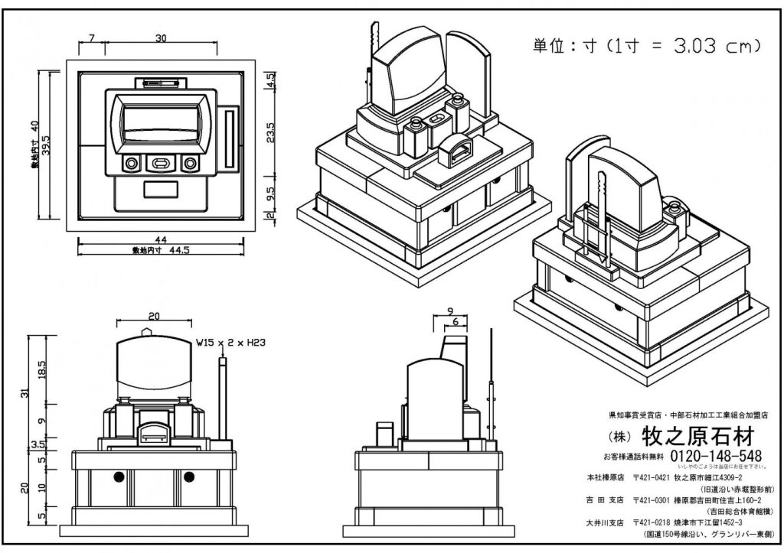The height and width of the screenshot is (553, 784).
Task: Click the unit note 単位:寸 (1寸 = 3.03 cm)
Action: [646, 45]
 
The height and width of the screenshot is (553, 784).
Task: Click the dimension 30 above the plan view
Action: [161, 37]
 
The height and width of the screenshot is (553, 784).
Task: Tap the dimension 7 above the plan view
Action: [91, 37]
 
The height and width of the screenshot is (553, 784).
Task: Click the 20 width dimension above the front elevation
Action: [154, 316]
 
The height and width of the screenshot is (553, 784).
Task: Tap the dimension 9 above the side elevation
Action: [450, 311]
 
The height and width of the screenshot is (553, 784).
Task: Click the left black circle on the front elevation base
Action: [119, 477]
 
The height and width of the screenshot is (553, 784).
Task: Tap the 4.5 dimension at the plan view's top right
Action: [269, 80]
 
